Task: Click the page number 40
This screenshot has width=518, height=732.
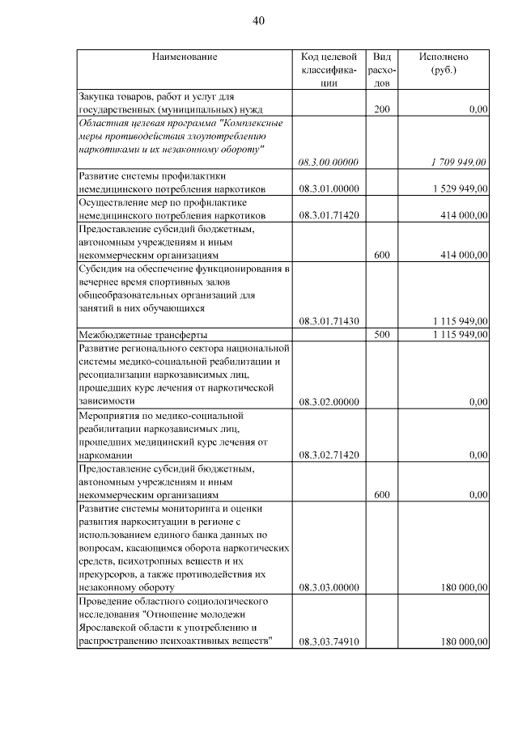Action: (x=258, y=21)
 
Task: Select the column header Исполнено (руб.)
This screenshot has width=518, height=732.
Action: (x=444, y=63)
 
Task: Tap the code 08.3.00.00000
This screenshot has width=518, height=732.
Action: (x=328, y=162)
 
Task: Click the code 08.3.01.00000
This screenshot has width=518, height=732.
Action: (x=328, y=188)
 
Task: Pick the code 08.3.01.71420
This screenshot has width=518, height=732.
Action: (x=328, y=215)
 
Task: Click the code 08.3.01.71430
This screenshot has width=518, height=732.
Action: (x=328, y=320)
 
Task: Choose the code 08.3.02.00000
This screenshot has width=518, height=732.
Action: (x=328, y=401)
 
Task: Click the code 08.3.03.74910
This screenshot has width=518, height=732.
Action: (x=328, y=641)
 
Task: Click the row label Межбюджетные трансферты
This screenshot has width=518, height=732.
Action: (x=142, y=334)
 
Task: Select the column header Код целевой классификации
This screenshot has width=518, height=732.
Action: (x=328, y=70)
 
